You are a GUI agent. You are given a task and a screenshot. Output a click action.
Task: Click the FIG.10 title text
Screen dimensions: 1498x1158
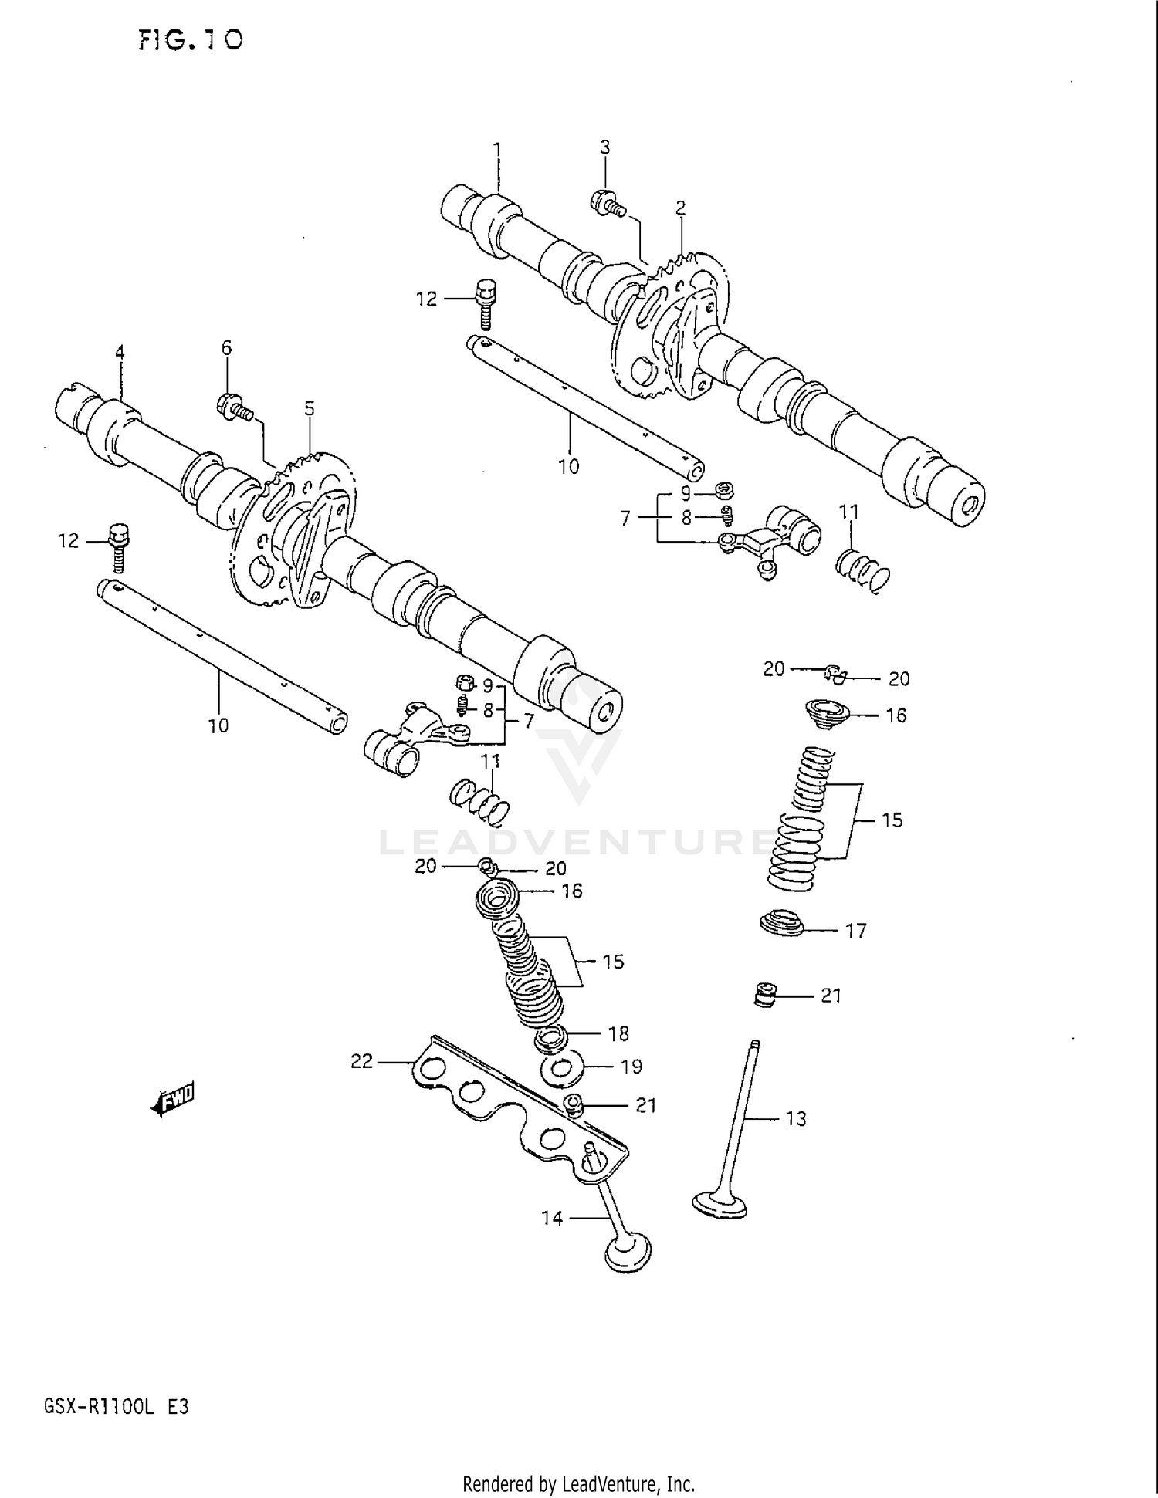(191, 40)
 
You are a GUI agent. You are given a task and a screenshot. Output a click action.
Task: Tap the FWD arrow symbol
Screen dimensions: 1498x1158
(174, 1099)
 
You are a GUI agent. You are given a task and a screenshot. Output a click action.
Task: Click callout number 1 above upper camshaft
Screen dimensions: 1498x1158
(497, 148)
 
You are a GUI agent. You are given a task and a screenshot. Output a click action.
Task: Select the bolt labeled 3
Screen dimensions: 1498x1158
(607, 203)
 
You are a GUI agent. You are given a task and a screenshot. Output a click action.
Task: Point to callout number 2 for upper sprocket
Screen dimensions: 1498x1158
(680, 208)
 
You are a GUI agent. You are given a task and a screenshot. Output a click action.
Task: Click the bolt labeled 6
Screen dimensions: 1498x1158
(235, 407)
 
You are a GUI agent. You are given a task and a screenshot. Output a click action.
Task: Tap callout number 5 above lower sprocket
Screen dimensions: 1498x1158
(309, 408)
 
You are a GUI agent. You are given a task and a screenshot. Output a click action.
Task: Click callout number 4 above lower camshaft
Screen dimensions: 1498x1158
(120, 353)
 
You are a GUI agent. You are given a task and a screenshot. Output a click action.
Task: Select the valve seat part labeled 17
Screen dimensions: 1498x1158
(781, 922)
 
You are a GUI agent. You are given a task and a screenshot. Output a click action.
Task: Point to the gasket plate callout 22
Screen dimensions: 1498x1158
(362, 1062)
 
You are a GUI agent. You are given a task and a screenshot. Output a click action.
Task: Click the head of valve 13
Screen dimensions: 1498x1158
(720, 1206)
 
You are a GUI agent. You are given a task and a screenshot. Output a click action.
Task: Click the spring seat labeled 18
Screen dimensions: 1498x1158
(551, 1039)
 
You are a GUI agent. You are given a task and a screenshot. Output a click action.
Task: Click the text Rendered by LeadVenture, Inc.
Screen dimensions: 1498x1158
(578, 1483)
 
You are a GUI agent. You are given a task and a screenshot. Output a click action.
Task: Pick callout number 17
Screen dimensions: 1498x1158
(856, 932)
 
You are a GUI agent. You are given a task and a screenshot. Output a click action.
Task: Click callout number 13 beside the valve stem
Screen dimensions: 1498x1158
(795, 1118)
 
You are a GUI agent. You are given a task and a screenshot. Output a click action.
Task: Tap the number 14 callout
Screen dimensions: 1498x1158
(552, 1218)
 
